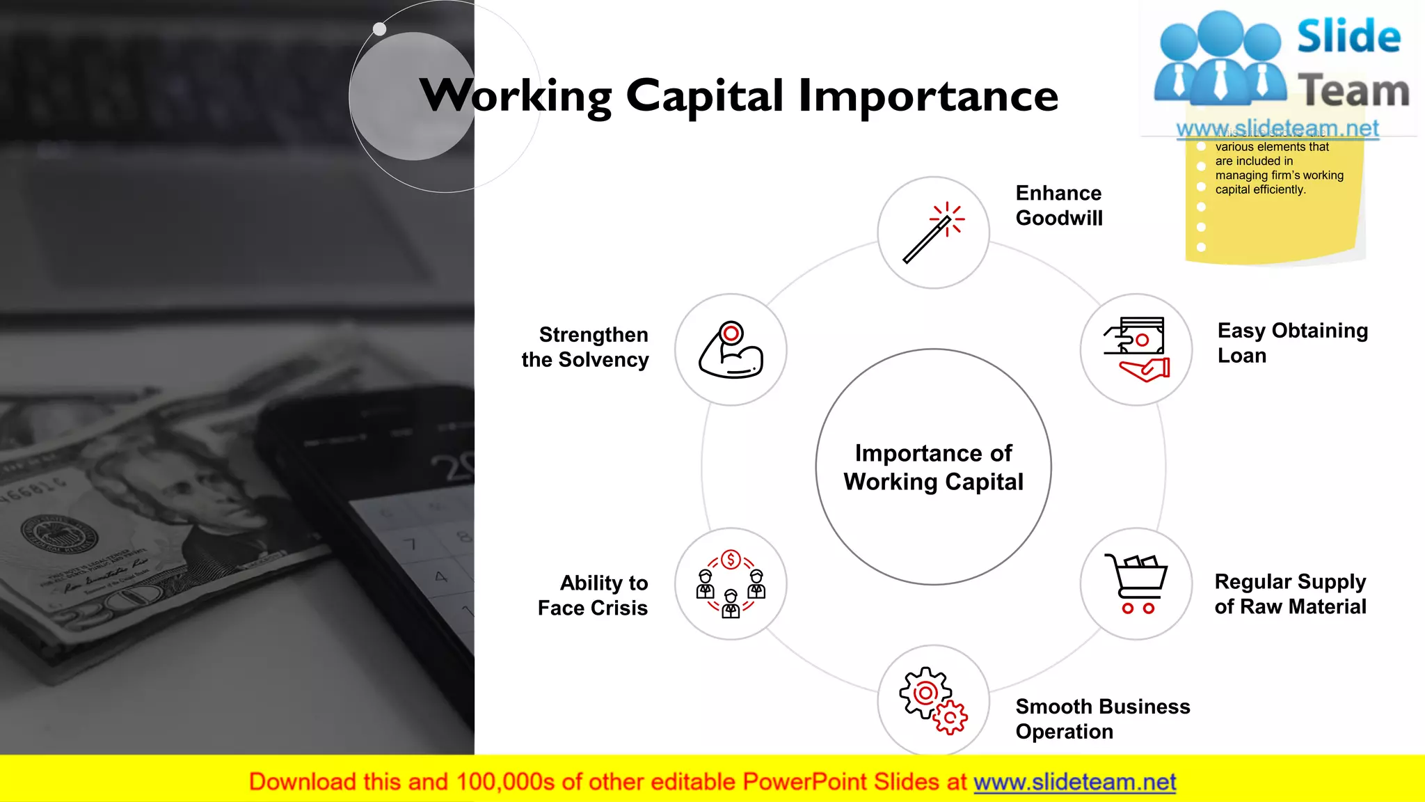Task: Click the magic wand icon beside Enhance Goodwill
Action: click(933, 233)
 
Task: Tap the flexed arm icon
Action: click(731, 349)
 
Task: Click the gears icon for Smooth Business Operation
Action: click(933, 700)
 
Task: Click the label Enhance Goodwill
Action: click(1059, 205)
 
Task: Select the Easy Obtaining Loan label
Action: click(1292, 343)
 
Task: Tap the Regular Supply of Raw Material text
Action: click(1290, 594)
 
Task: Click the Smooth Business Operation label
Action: click(1102, 719)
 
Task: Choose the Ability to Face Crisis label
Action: click(593, 595)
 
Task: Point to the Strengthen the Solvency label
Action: click(585, 347)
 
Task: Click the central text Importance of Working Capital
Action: click(933, 467)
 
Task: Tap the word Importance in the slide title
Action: click(928, 96)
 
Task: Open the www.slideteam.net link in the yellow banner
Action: click(1074, 782)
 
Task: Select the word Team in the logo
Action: click(1353, 91)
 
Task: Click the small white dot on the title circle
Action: click(379, 29)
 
